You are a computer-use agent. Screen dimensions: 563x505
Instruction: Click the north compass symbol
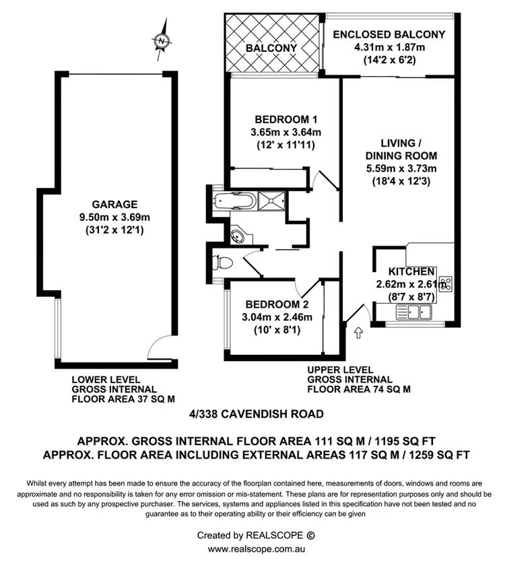[161, 41]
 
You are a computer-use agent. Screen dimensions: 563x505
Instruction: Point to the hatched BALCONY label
[271, 48]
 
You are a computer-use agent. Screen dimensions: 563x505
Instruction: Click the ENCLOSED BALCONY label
[389, 34]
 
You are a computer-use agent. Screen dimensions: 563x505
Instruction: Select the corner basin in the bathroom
[238, 236]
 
